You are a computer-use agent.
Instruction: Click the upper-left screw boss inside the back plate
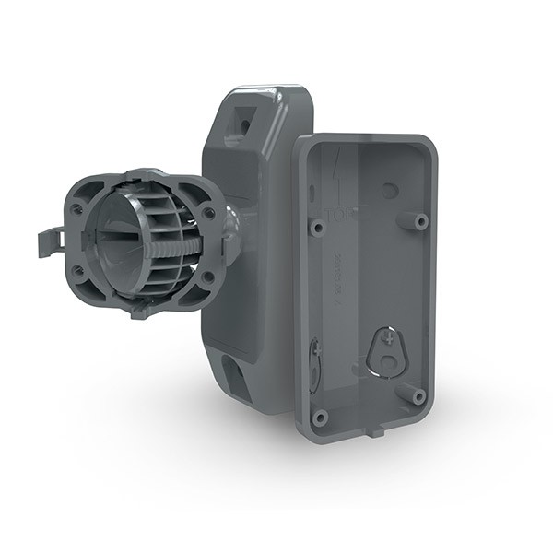coord(318,226)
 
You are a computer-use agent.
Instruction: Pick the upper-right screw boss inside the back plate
coord(420,221)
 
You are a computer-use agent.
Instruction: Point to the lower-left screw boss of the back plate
coord(320,417)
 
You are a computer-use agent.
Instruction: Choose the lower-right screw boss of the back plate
coord(418,396)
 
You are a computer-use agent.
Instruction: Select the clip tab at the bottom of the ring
coord(138,310)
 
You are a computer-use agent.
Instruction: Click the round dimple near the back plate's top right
coord(391,190)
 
